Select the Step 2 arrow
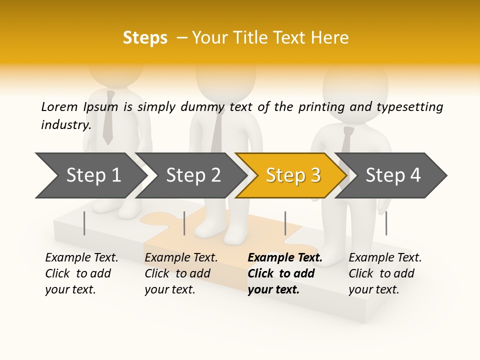[192, 175]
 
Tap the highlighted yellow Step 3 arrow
[292, 175]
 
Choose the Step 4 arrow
[393, 175]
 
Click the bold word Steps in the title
[145, 38]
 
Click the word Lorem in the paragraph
[59, 106]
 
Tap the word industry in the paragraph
[65, 124]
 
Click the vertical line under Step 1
[84, 223]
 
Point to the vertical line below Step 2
[184, 223]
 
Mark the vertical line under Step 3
[285, 223]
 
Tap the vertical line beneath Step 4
[386, 223]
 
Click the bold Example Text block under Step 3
[285, 273]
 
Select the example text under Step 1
[81, 273]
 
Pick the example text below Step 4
[385, 273]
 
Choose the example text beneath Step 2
[181, 273]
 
